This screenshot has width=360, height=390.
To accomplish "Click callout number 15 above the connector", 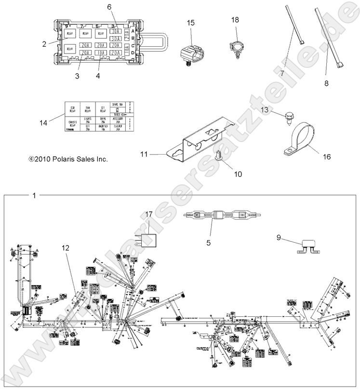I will coord(191,23).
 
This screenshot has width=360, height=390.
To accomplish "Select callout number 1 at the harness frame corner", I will coord(33,195).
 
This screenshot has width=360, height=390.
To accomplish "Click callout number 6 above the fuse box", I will coord(109,7).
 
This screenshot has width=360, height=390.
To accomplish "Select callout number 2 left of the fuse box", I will coord(44,44).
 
